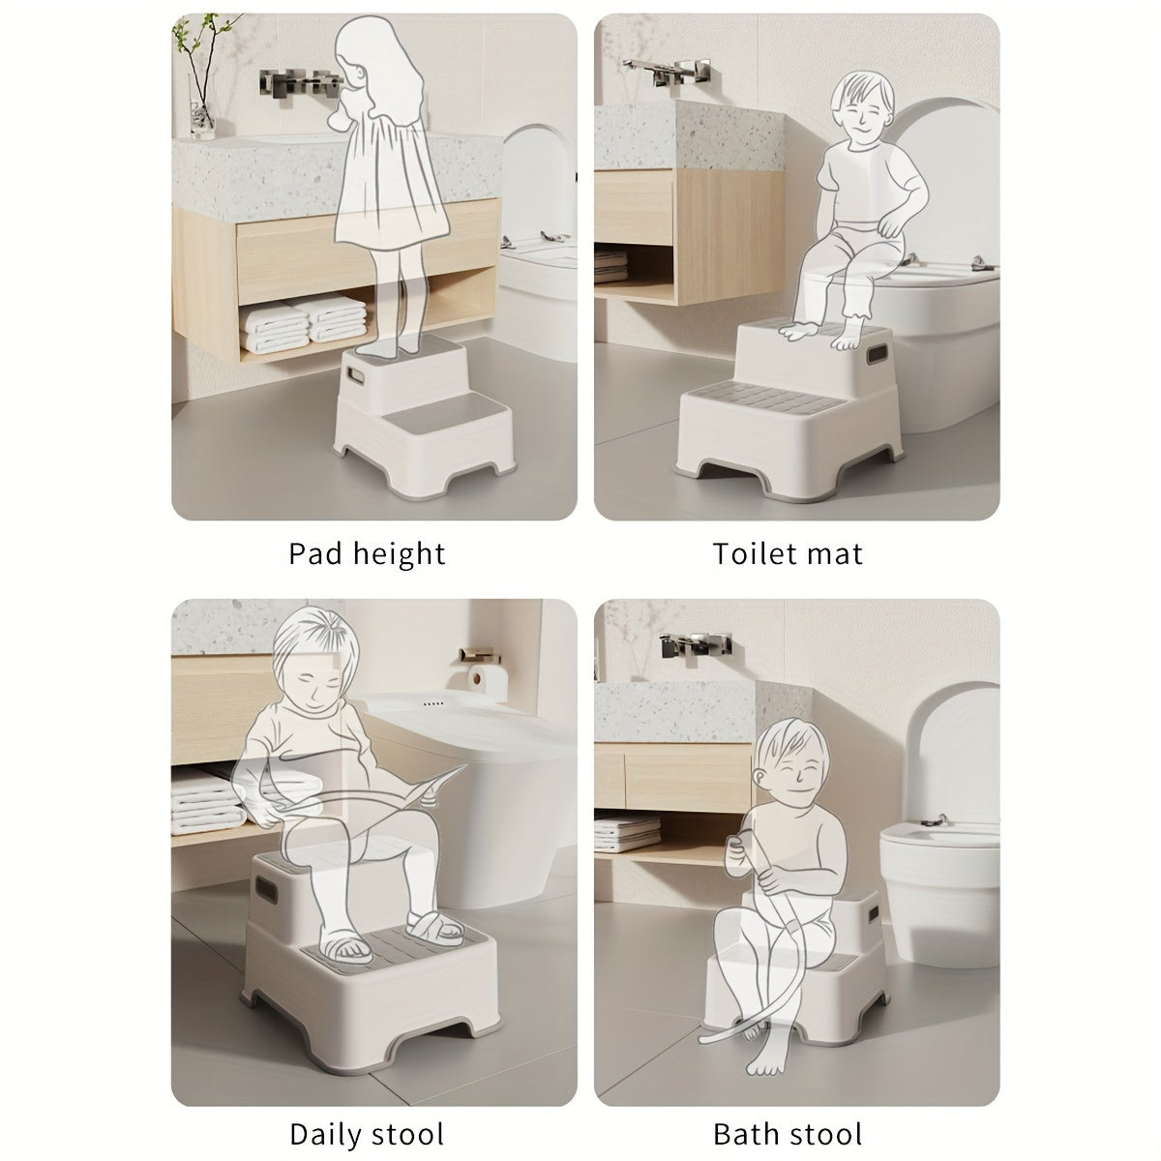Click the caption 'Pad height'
368,553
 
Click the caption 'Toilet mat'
787,553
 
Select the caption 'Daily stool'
367,1107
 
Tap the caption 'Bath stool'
787,1107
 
